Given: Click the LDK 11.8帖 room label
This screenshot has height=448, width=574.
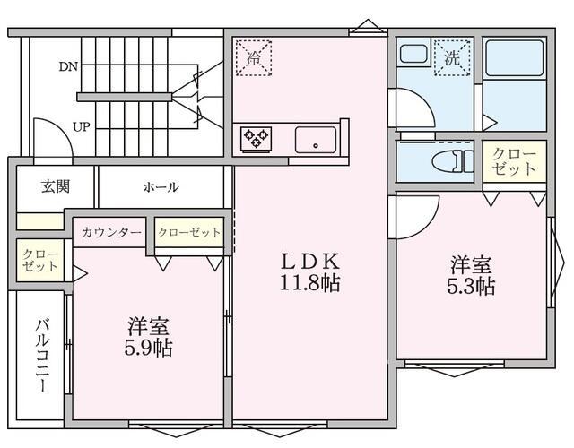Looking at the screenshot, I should point(310,272).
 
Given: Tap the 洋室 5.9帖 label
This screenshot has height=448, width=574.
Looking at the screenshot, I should point(149,336).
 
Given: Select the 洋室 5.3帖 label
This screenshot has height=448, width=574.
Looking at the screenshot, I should point(472,275).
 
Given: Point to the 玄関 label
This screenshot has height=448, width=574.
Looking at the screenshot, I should point(56,186).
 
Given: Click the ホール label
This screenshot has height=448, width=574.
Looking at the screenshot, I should point(161,187).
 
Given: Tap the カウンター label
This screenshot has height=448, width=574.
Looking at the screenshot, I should point(111,233).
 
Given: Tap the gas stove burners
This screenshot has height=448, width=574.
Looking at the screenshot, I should point(255,138).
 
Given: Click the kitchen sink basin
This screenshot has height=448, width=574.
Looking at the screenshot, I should point(316,139).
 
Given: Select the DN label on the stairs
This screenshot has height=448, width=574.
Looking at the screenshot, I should point(68,66).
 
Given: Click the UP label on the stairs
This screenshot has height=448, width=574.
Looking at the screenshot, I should point(81,126).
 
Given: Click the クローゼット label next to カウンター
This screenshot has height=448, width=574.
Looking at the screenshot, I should point(189,233).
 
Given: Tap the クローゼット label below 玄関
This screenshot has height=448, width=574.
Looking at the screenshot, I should point(39,261).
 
